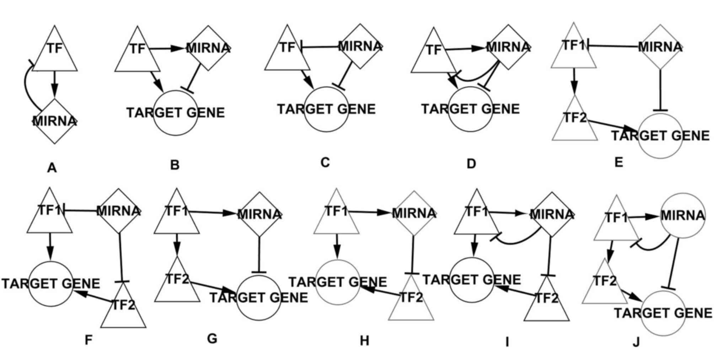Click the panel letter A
coord(52,168)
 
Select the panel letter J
coord(636,342)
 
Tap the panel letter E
coord(619,162)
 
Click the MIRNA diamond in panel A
coord(54,121)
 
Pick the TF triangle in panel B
coord(137,53)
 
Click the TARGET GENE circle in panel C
coord(326,109)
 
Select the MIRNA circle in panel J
coord(683,215)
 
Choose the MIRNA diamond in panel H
coord(413,213)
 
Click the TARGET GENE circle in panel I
coord(472,280)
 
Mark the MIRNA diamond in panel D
coord(508,47)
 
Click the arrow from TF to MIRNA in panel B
coord(167,48)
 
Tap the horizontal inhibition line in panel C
coord(320,46)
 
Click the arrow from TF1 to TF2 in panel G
coord(177,245)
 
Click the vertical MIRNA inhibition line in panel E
coord(660,91)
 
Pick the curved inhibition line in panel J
coord(651,247)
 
